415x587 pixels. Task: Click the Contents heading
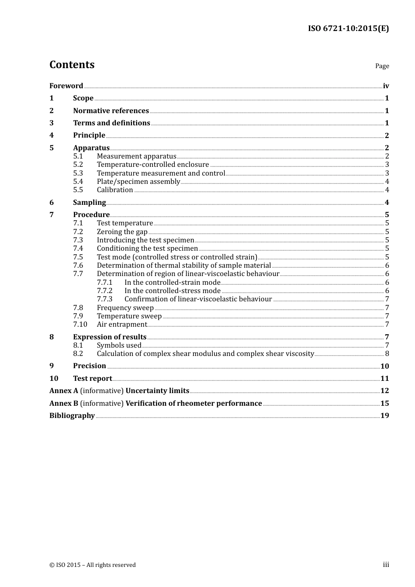(72, 65)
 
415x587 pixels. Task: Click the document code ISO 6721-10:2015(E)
(348, 29)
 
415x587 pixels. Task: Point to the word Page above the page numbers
(382, 66)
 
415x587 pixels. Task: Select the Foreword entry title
(66, 86)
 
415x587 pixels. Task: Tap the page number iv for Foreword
(386, 86)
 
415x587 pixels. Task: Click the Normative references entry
(111, 111)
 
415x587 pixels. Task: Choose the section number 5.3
(78, 173)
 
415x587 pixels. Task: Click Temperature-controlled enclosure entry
(153, 165)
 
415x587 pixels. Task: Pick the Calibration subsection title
(115, 190)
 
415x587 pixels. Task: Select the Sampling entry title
(89, 202)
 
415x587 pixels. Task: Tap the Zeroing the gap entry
(122, 232)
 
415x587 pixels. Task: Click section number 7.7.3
(104, 299)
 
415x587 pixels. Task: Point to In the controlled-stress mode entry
(172, 291)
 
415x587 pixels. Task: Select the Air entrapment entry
(121, 325)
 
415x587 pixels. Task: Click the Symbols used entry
(119, 345)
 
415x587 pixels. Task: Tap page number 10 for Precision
(384, 366)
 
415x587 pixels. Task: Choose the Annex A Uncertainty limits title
(119, 391)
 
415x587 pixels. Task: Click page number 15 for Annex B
(384, 404)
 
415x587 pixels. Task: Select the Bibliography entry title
(72, 416)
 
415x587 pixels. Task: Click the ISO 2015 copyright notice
(93, 565)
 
